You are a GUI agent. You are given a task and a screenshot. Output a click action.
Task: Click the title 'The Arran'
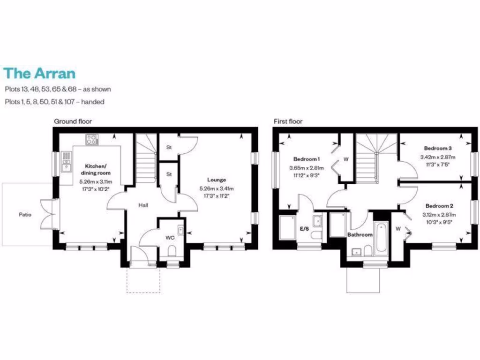click(x=39, y=74)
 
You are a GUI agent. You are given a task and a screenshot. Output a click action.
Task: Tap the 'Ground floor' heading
click(x=73, y=121)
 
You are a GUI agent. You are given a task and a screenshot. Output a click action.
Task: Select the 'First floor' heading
click(x=288, y=121)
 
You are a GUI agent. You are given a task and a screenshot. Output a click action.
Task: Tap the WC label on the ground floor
click(x=170, y=238)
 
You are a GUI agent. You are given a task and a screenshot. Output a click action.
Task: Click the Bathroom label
click(x=360, y=234)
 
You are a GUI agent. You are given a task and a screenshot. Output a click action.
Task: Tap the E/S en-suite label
click(x=304, y=229)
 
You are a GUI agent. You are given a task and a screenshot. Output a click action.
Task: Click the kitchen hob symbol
click(x=91, y=139)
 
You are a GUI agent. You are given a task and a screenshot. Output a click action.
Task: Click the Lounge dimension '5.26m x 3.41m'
click(x=216, y=189)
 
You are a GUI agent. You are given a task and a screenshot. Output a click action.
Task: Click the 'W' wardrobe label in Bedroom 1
click(x=346, y=159)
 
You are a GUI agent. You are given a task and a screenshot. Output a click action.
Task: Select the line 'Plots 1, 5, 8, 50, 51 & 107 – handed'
click(x=54, y=101)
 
